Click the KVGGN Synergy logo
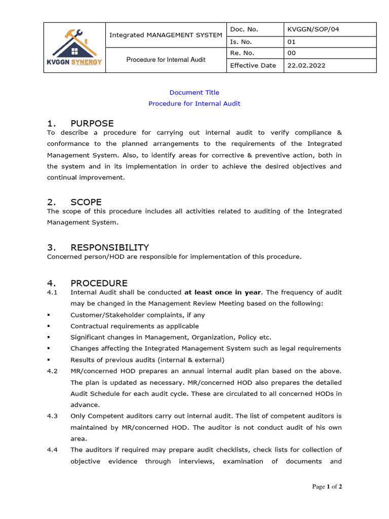[x=74, y=47]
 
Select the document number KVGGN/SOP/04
[x=313, y=29]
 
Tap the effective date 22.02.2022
[x=306, y=65]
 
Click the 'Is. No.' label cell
[x=241, y=42]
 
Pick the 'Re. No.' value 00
[x=291, y=53]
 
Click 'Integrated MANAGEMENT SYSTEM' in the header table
[x=166, y=35]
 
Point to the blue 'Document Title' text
[x=194, y=92]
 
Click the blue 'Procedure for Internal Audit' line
[x=194, y=103]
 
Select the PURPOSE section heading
[x=92, y=124]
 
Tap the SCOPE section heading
[x=86, y=202]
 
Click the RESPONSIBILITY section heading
[x=109, y=248]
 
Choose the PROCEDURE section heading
[x=99, y=283]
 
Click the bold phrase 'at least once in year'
[x=223, y=292]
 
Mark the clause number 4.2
[x=52, y=371]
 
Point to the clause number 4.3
[x=52, y=416]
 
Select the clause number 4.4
[x=52, y=450]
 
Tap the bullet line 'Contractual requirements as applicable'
[x=134, y=326]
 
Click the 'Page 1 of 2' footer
[x=327, y=487]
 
